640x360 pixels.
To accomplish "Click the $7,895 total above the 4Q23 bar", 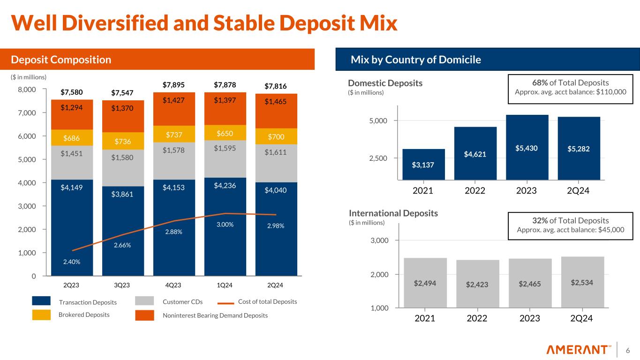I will pyautogui.click(x=174, y=85).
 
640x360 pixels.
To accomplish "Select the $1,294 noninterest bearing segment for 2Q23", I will pyautogui.click(x=72, y=107).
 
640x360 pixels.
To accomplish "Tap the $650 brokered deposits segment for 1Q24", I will pyautogui.click(x=225, y=133).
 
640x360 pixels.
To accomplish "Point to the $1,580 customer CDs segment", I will pyautogui.click(x=123, y=157).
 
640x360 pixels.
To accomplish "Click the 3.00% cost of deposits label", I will pyautogui.click(x=225, y=225).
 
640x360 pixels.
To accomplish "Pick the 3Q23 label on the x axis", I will pyautogui.click(x=122, y=285).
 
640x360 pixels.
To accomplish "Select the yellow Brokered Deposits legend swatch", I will pyautogui.click(x=41, y=315).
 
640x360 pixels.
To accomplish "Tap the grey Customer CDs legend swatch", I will pyautogui.click(x=144, y=301).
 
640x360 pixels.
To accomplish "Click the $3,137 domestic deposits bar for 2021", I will pyautogui.click(x=423, y=164).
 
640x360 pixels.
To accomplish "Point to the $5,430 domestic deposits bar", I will pyautogui.click(x=527, y=147).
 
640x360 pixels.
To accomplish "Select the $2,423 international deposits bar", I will pyautogui.click(x=477, y=284).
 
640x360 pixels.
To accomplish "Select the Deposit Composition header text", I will pyautogui.click(x=61, y=60).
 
